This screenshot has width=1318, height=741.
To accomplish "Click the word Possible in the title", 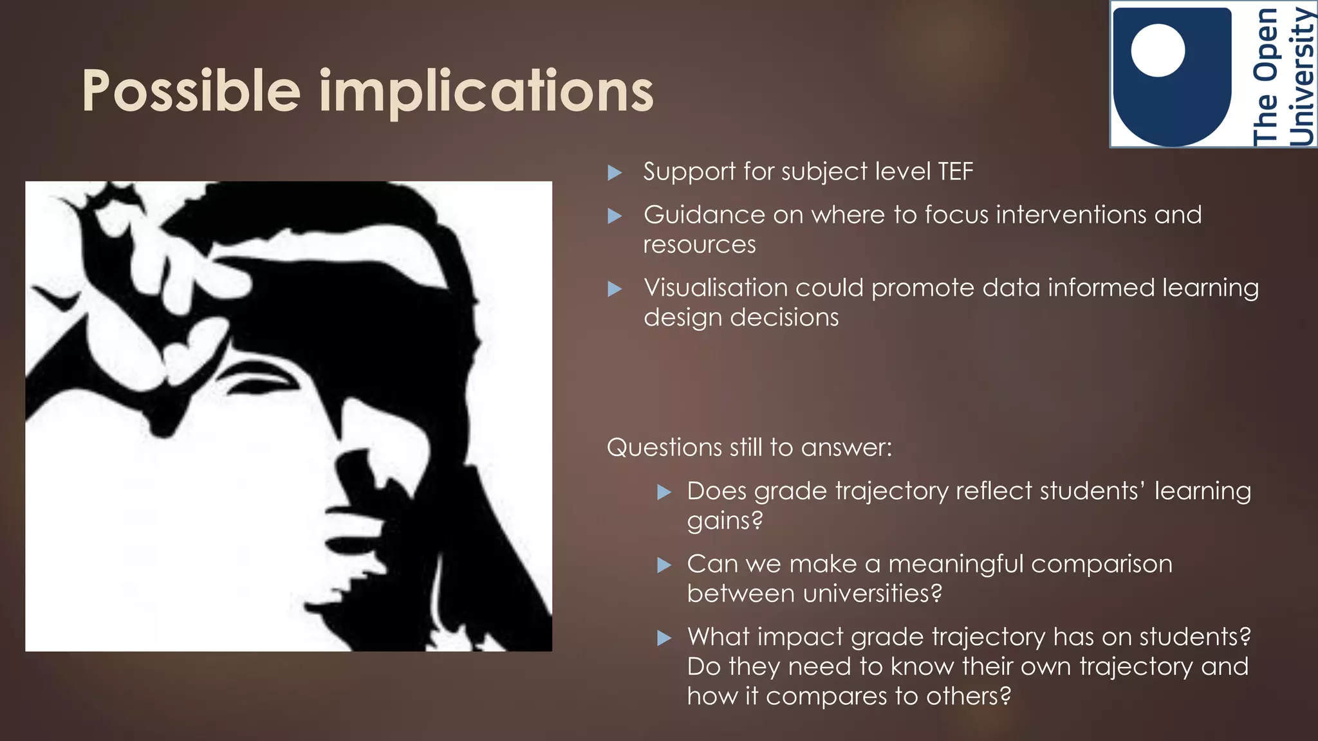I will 191,91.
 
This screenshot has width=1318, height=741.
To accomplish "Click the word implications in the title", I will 486,91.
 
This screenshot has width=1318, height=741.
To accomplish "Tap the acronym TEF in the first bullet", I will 955,172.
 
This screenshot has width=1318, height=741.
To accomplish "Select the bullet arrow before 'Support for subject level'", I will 615,172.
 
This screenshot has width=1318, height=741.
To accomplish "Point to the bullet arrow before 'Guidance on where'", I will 615,215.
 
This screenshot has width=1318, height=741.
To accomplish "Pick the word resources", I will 700,245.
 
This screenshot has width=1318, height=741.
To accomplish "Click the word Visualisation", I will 716,288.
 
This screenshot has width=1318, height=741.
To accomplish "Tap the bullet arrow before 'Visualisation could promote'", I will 615,289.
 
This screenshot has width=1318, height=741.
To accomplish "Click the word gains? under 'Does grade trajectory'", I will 725,520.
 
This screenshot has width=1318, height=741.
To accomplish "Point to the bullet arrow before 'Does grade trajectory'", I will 664,493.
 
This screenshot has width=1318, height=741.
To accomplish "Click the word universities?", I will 814,594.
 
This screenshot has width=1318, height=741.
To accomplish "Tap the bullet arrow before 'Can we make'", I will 664,565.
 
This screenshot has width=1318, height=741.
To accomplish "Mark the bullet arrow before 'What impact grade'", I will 664,638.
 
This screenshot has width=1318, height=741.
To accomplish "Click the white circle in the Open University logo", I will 1158,50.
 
